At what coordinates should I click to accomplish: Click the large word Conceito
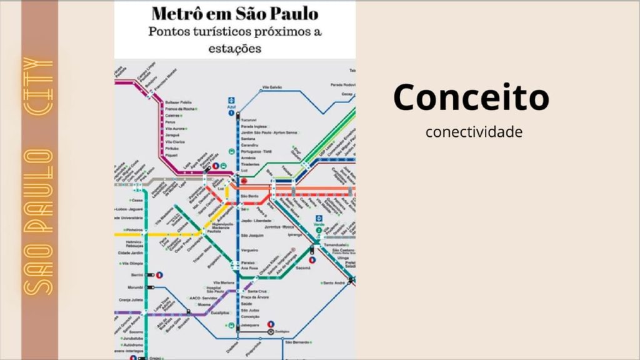tap(471, 97)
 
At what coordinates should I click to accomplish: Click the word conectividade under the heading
tap(473, 132)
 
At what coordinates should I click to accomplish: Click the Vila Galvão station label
tap(272, 87)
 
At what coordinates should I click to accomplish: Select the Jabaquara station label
tap(250, 326)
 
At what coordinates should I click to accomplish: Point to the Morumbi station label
tap(136, 288)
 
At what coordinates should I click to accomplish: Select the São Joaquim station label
tap(252, 236)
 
